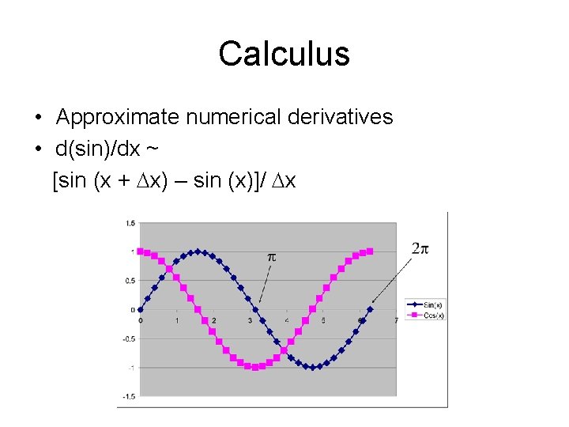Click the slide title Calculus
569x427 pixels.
[x=284, y=55]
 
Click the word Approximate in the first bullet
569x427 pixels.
[x=119, y=117]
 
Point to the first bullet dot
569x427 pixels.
[x=38, y=118]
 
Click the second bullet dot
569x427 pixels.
[x=38, y=149]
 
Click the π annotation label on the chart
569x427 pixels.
[x=272, y=257]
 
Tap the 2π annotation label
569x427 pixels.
[x=420, y=248]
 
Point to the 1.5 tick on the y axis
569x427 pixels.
[x=130, y=223]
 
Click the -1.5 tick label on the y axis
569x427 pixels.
[x=128, y=396]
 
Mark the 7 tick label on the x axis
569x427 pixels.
[x=396, y=320]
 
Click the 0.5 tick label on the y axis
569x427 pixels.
[x=130, y=281]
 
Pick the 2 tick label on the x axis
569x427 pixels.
[x=213, y=320]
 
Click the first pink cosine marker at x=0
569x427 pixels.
[x=141, y=251]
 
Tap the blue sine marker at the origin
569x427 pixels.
[x=141, y=309]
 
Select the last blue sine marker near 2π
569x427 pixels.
[x=371, y=309]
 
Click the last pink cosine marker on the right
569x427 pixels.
[x=371, y=251]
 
